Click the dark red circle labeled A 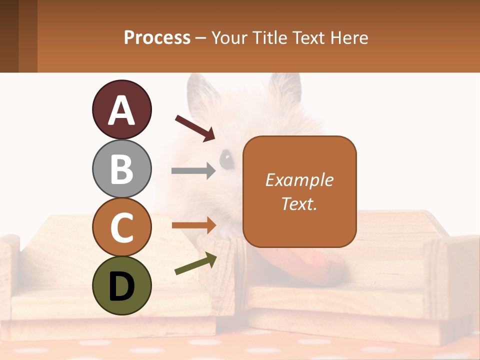[x=121, y=109]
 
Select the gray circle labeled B [x=121, y=168]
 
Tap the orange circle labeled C [x=121, y=227]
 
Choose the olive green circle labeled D [x=121, y=285]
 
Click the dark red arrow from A [x=195, y=128]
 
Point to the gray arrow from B [x=193, y=171]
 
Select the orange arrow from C [x=193, y=225]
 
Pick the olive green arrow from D [x=195, y=263]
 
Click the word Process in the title [x=157, y=37]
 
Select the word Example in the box [x=299, y=180]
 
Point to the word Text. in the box [x=299, y=204]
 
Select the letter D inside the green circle [x=121, y=286]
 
